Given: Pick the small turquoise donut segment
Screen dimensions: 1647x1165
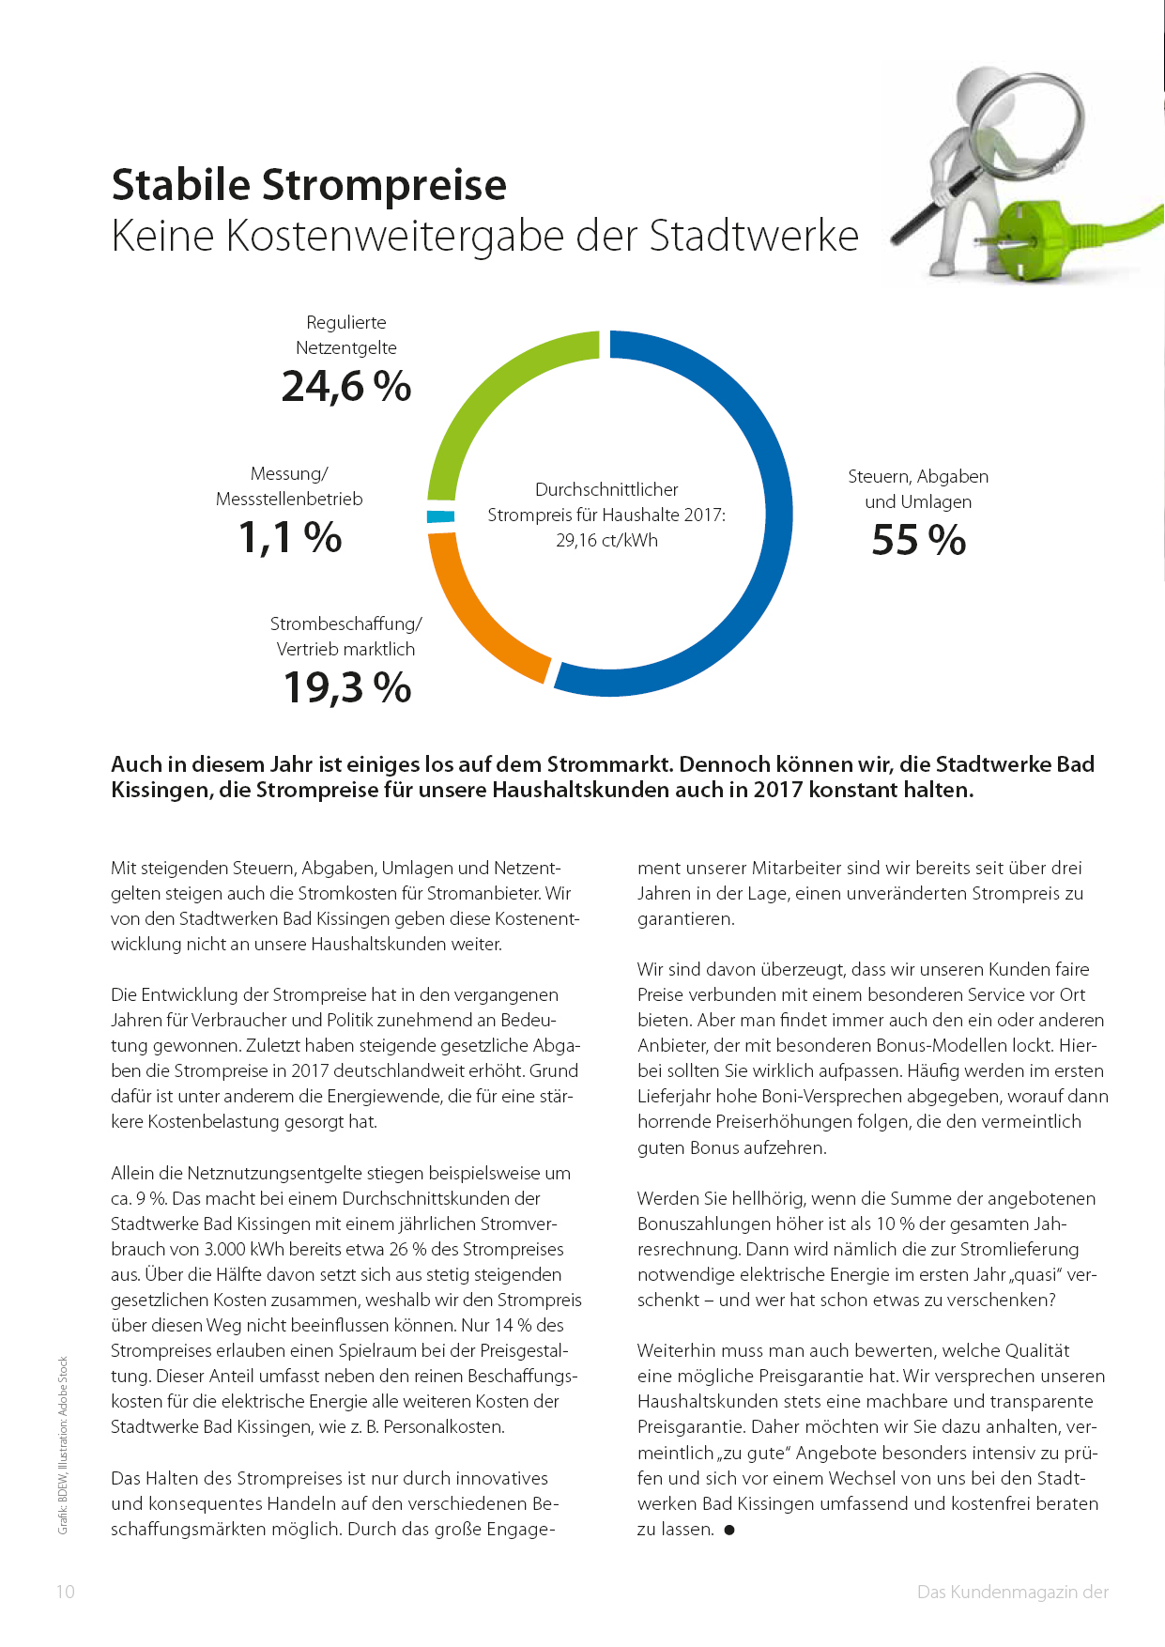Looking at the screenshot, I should pyautogui.click(x=440, y=516).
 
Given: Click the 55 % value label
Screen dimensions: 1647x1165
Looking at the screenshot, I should pyautogui.click(x=918, y=541).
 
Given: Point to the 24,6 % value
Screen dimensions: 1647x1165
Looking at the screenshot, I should pyautogui.click(x=346, y=387).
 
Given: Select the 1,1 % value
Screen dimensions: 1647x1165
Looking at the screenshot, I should pyautogui.click(x=290, y=538).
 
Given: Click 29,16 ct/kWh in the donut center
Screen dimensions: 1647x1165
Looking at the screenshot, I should pyautogui.click(x=606, y=541).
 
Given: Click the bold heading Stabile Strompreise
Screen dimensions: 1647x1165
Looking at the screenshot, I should pyautogui.click(x=309, y=185).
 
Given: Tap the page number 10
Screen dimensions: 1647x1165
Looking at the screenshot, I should pyautogui.click(x=65, y=1592).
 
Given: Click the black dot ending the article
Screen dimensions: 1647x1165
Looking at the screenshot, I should pyautogui.click(x=729, y=1530).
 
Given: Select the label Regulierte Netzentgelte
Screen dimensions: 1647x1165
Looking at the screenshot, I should pyautogui.click(x=346, y=335).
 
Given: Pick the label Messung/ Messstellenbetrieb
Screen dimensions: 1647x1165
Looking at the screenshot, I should pyautogui.click(x=289, y=486).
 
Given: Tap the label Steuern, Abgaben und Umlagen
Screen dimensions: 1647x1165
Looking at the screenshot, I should pyautogui.click(x=918, y=489).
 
